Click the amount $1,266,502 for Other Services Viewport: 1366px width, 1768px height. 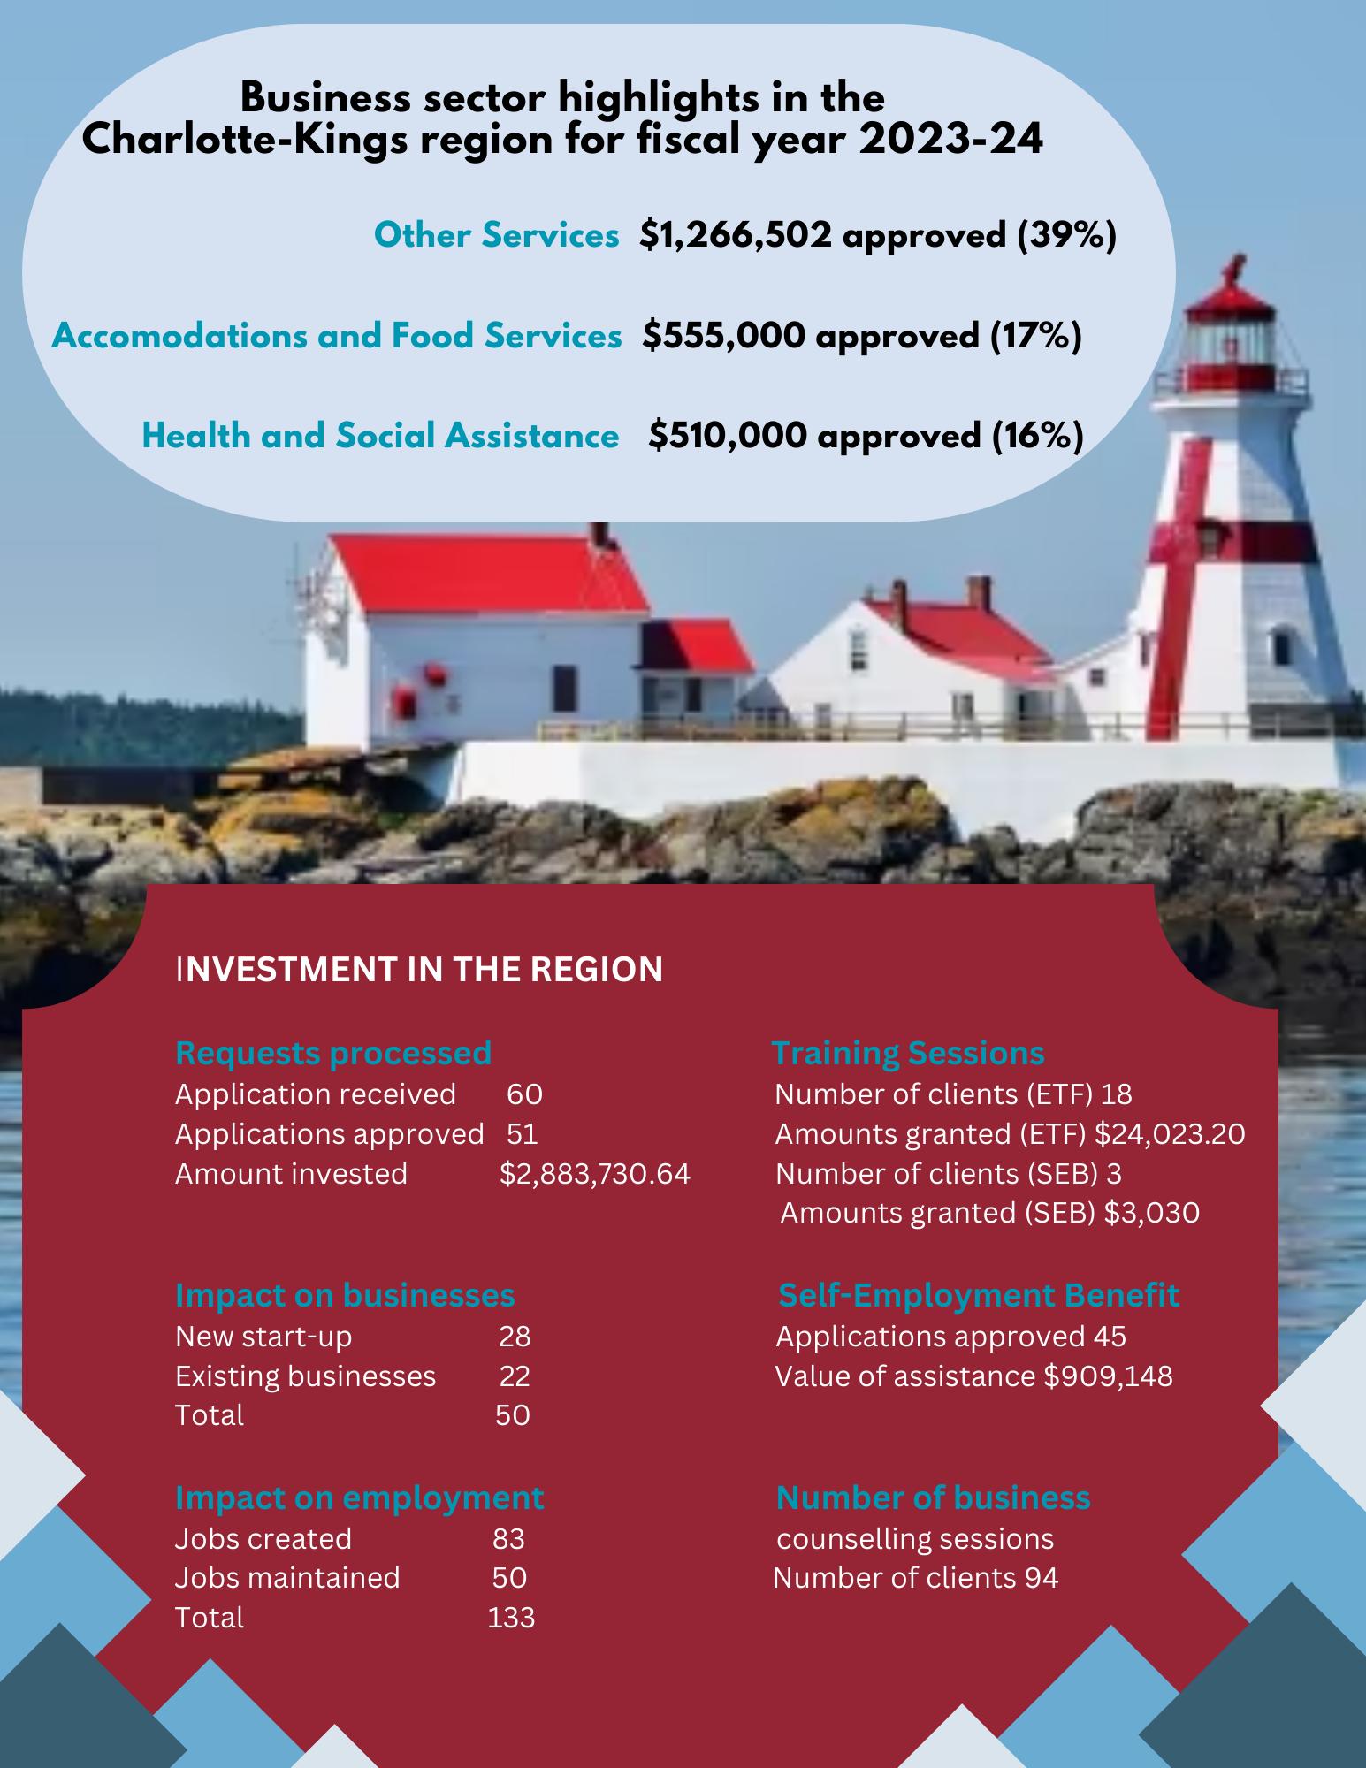[x=736, y=235]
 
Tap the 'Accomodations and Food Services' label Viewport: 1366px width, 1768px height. [x=336, y=336]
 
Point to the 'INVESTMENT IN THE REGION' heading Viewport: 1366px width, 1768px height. [x=420, y=969]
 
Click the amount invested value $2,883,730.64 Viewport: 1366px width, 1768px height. [x=595, y=1173]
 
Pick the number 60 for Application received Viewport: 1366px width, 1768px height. [x=524, y=1094]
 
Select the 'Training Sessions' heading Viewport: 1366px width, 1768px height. [x=908, y=1053]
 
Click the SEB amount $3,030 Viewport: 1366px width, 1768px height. [x=1151, y=1212]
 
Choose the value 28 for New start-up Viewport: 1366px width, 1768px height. [x=515, y=1336]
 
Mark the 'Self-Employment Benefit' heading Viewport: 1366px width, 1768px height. [x=978, y=1295]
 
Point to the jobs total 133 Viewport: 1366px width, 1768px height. [x=511, y=1617]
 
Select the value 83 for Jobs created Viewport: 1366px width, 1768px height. [x=508, y=1538]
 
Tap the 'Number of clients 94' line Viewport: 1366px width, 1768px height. [x=915, y=1577]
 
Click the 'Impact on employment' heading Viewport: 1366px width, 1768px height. [x=359, y=1497]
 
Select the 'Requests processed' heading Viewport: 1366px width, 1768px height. [x=333, y=1053]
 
